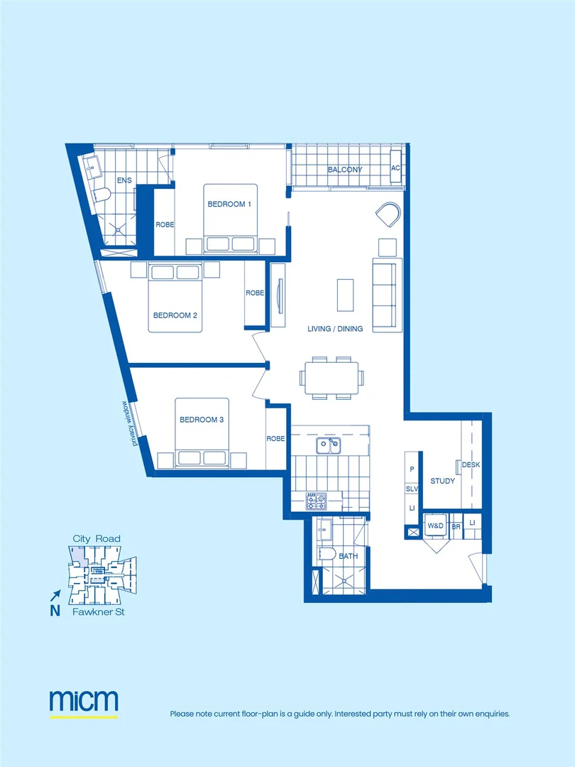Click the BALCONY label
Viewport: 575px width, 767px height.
click(x=345, y=170)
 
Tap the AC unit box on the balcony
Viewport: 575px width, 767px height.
click(x=396, y=168)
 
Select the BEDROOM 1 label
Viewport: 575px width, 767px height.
click(x=229, y=205)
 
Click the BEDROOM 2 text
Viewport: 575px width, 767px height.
click(x=175, y=315)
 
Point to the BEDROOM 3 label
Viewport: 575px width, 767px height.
click(x=202, y=420)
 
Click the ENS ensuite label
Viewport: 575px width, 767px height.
click(x=124, y=181)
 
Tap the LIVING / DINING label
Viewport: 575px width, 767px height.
click(x=335, y=329)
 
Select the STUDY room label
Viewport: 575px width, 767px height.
click(x=442, y=482)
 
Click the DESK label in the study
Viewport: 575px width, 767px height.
click(x=471, y=465)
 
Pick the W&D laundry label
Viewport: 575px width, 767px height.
click(x=435, y=526)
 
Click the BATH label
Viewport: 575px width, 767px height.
click(x=348, y=556)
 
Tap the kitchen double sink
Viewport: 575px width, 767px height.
click(x=328, y=445)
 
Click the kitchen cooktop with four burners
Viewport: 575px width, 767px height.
click(x=316, y=501)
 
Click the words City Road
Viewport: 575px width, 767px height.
click(x=97, y=539)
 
